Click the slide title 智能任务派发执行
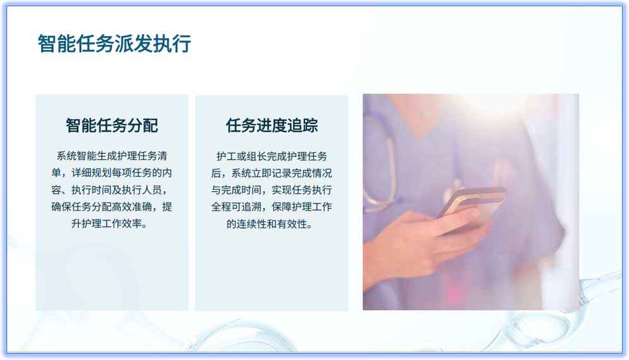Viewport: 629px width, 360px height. [115, 44]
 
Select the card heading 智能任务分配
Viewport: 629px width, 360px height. [112, 125]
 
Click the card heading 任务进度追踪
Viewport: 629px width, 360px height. [271, 125]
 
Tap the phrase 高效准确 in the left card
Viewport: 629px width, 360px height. [134, 207]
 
